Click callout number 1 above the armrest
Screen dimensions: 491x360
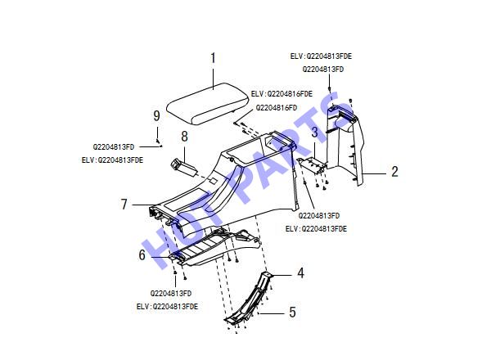[x=214, y=58]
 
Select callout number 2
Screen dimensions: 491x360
[x=394, y=172]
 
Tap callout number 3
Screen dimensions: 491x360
[x=314, y=132]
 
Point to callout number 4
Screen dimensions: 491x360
[x=300, y=273]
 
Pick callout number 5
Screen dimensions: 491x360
[x=292, y=312]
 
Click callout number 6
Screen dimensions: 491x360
[x=142, y=254]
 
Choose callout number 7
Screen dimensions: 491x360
[x=124, y=204]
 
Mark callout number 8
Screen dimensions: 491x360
[x=184, y=137]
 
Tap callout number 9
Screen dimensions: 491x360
[x=156, y=115]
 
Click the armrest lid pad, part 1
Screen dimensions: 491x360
[x=207, y=103]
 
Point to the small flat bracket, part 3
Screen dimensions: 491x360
[x=311, y=165]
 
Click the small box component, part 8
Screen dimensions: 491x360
[x=184, y=167]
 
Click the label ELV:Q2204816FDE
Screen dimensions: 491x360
[x=282, y=94]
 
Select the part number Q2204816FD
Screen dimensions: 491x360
[x=277, y=108]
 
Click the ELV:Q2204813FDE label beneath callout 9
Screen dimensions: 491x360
[x=112, y=160]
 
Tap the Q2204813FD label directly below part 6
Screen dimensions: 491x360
[x=171, y=294]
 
